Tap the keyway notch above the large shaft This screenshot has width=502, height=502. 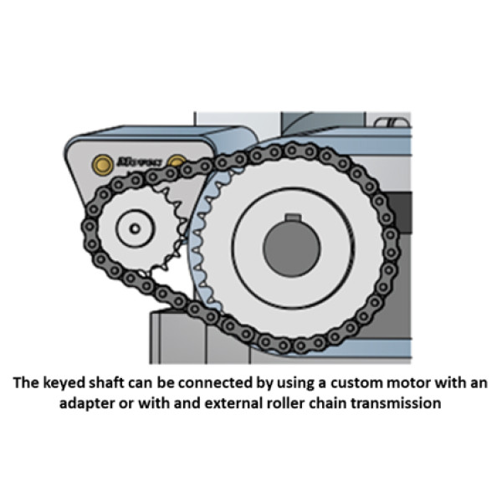tap(292, 219)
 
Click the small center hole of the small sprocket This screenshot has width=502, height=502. tap(131, 225)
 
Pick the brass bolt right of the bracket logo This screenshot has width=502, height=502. tap(177, 161)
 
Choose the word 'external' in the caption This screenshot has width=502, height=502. tap(217, 402)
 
